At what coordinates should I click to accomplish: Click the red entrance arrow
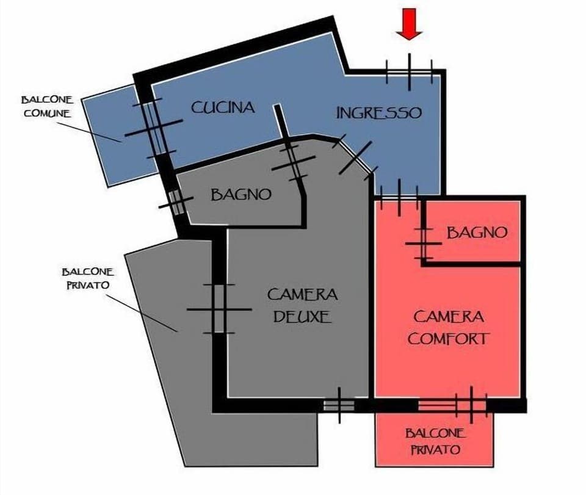coord(409,26)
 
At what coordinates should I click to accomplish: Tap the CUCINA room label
coord(223,108)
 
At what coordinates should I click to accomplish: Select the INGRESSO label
coord(378,113)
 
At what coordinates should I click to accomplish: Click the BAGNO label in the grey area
coord(241,195)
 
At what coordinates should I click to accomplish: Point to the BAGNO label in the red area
coord(477,233)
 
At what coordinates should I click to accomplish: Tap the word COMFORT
coord(449,338)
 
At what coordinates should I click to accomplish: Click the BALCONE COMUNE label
coord(47,106)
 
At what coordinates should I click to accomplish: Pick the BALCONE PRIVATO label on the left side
coord(86,278)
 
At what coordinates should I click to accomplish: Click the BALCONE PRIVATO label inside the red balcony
coord(435,441)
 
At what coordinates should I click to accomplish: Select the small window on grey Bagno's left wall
coord(177,203)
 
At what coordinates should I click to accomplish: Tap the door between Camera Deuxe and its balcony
coord(219,309)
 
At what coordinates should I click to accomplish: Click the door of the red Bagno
coord(422,237)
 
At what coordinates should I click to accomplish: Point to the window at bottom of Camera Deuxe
coord(339,405)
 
